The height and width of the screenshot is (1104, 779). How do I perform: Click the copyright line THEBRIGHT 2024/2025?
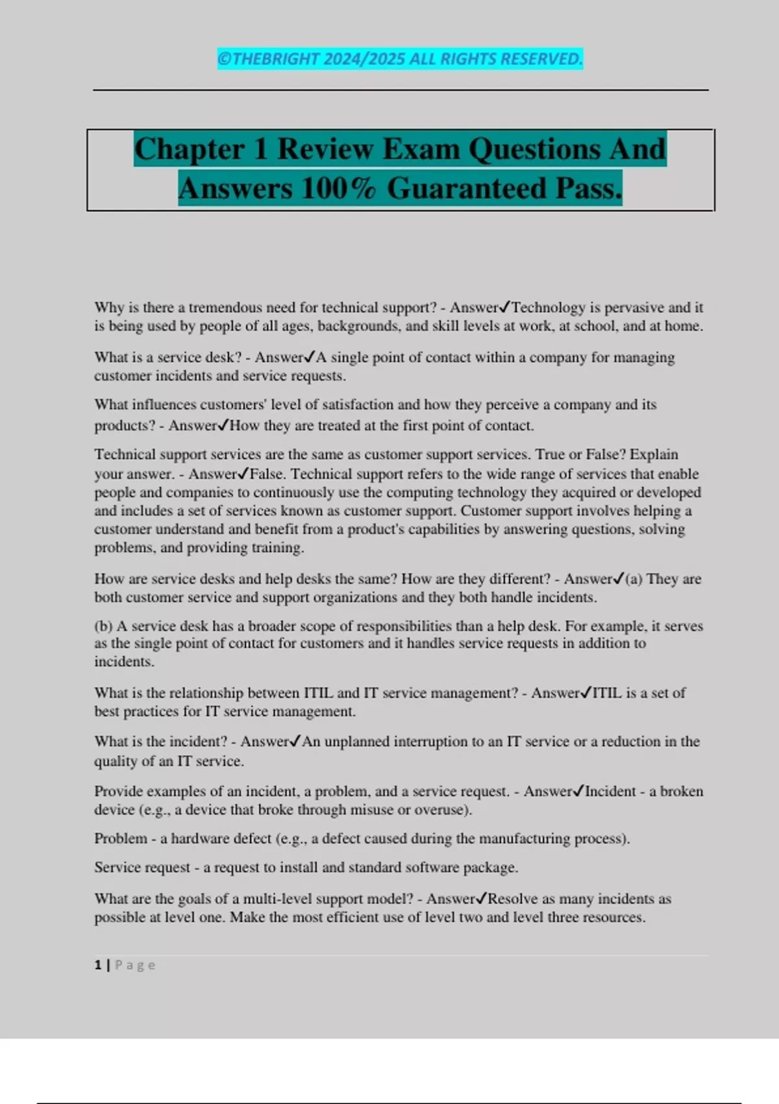coord(400,59)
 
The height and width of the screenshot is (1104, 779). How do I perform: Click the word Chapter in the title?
coord(190,149)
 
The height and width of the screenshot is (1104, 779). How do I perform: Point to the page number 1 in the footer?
coord(97,965)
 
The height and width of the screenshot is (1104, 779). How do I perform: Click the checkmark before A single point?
coord(310,357)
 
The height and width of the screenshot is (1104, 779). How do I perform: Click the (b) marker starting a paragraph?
coord(103,626)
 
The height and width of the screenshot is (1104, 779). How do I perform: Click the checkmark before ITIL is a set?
coord(586,693)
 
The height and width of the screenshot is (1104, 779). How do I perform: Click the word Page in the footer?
coord(135,965)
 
